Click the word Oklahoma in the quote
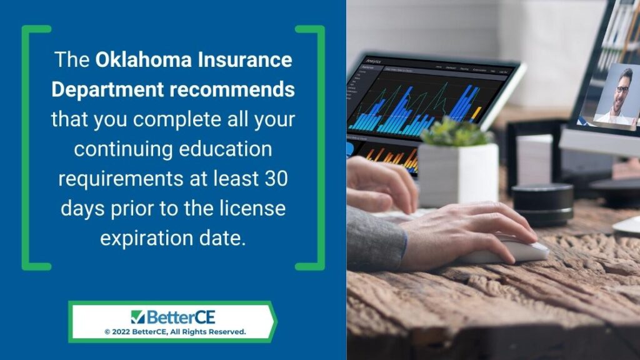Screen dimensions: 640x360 [143, 59]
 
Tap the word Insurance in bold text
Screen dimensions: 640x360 [245, 59]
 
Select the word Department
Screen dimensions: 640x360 [107, 89]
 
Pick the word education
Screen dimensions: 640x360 [225, 149]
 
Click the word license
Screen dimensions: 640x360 [252, 208]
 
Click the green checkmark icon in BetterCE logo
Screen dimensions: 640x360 [137, 317]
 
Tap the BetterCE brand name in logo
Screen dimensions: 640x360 [181, 317]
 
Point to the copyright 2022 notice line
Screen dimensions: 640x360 [175, 332]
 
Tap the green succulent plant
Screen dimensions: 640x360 [455, 132]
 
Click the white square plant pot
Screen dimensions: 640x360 [458, 175]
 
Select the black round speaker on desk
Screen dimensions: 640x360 [543, 204]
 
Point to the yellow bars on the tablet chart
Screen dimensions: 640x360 [475, 114]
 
